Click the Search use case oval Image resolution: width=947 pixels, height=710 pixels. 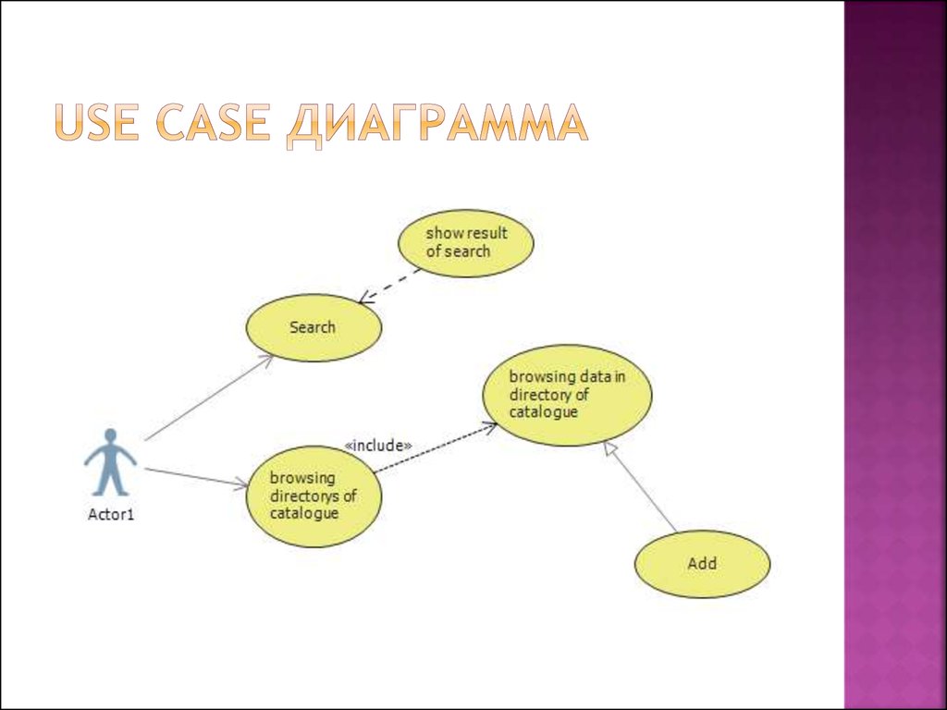pyautogui.click(x=314, y=328)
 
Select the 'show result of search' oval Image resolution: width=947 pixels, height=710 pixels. pyautogui.click(x=466, y=243)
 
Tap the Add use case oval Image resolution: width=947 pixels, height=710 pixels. pyautogui.click(x=703, y=564)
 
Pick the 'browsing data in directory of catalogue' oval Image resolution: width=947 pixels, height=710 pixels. pyautogui.click(x=567, y=396)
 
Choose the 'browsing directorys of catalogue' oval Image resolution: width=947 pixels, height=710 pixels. pyautogui.click(x=314, y=496)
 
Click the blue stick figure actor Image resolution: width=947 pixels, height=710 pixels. pyautogui.click(x=111, y=462)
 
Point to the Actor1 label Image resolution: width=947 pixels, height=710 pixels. pyautogui.click(x=111, y=514)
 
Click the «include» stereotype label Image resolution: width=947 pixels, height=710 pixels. pyautogui.click(x=378, y=446)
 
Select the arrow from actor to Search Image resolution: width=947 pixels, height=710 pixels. pyautogui.click(x=209, y=398)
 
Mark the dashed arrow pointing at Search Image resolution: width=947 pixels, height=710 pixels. pyautogui.click(x=389, y=285)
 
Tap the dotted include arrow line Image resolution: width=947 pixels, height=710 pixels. pyautogui.click(x=436, y=448)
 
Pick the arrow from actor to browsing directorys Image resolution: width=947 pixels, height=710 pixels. pyautogui.click(x=196, y=477)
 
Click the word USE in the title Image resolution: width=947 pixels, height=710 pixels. pyautogui.click(x=96, y=123)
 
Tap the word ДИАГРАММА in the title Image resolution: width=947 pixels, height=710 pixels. pyautogui.click(x=437, y=125)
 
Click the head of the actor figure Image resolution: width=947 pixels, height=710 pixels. pyautogui.click(x=111, y=435)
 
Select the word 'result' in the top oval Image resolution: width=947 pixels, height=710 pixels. pyautogui.click(x=486, y=234)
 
